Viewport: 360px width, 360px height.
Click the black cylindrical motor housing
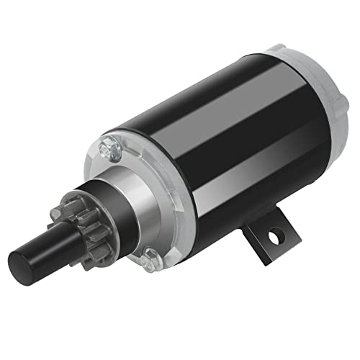(x=216, y=144)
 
